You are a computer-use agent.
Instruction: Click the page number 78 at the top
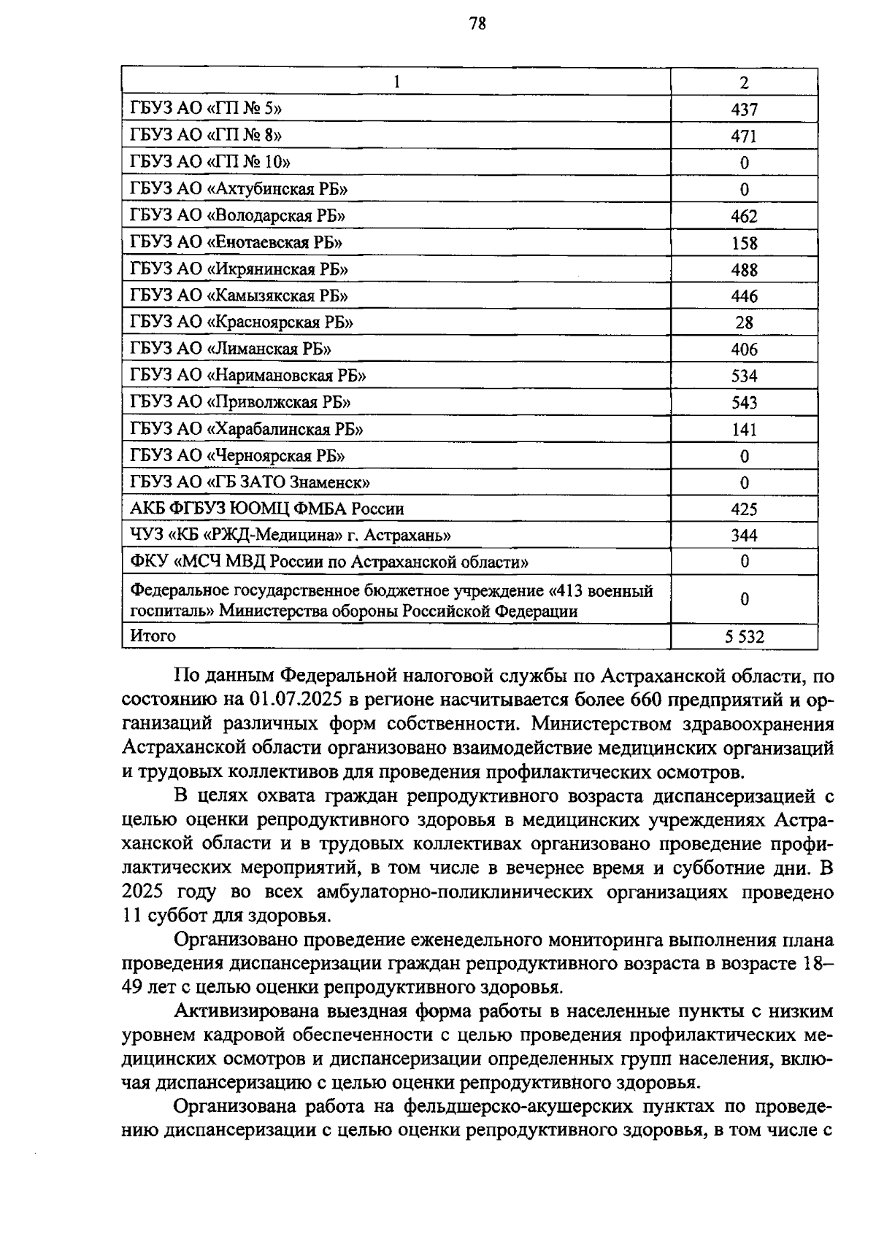coord(477,24)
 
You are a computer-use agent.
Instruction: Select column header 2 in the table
coord(744,82)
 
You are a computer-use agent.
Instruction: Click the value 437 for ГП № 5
coord(744,109)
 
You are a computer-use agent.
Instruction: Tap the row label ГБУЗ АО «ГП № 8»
coord(206,136)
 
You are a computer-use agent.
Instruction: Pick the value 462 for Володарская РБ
coord(744,216)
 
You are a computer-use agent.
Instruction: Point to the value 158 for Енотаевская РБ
coord(744,243)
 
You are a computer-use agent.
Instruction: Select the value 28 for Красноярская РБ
coord(744,322)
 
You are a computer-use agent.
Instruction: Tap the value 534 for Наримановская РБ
coord(744,376)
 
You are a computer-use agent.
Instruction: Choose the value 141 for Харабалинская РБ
coord(744,429)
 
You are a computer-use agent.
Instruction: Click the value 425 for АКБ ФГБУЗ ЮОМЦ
coord(744,509)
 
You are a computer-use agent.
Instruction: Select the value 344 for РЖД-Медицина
coord(744,536)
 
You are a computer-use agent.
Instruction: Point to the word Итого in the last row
coord(153,635)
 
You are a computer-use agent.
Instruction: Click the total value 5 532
coord(744,636)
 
